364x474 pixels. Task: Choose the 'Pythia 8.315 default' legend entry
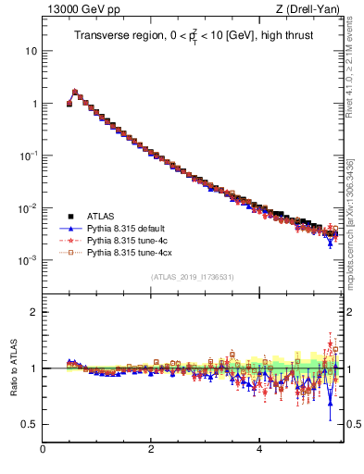129,228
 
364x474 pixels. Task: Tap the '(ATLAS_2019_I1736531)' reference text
191,277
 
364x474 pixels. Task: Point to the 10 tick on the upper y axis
31,51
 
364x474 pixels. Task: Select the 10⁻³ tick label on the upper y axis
28,260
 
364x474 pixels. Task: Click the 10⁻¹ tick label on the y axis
28,156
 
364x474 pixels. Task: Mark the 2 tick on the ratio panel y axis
32,312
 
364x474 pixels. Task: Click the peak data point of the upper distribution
75,93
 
